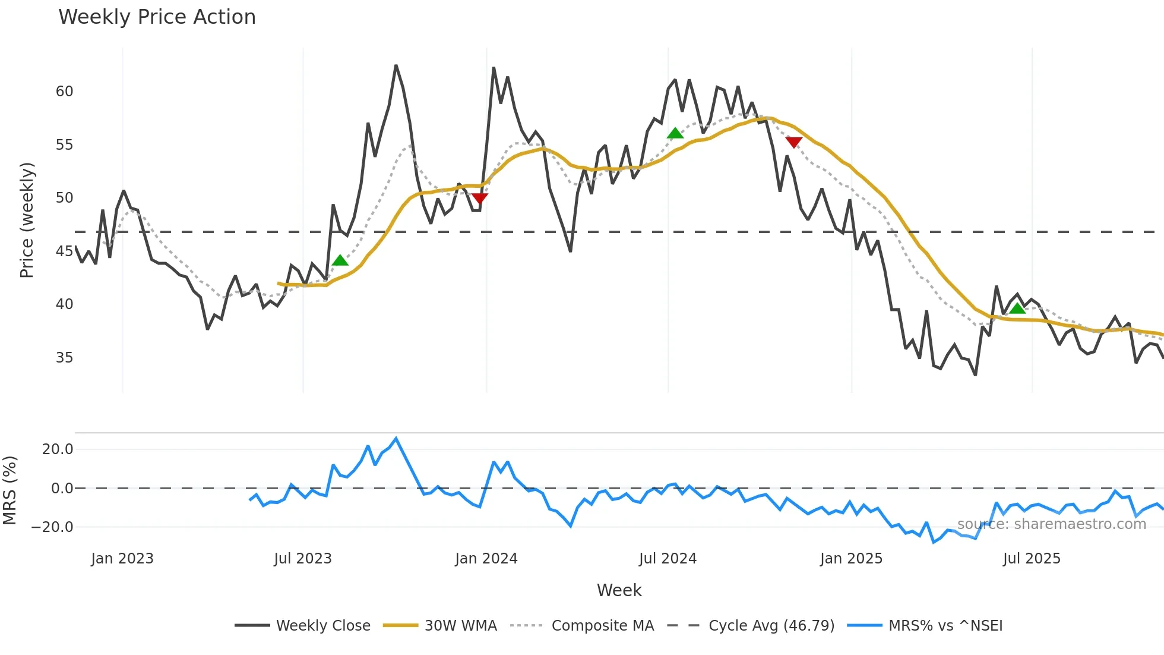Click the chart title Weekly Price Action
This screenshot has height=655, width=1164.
pos(157,17)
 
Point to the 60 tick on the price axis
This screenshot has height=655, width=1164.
pos(64,92)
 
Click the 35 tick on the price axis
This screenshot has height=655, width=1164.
pos(64,358)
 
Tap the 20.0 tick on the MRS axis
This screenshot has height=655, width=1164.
pos(58,449)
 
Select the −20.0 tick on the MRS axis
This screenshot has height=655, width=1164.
pos(52,527)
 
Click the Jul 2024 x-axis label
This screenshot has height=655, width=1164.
pos(668,559)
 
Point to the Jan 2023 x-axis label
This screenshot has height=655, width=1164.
pos(122,559)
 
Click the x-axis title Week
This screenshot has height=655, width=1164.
pos(619,590)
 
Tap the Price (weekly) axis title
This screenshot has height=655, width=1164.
pos(27,220)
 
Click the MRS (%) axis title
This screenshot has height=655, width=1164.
pos(10,490)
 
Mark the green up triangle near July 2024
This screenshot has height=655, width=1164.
pos(675,133)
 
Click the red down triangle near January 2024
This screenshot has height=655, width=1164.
pos(479,198)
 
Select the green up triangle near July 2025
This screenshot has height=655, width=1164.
pos(1017,308)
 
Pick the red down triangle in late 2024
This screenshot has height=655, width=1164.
pos(793,142)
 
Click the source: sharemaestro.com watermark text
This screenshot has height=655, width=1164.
pos(1051,524)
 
